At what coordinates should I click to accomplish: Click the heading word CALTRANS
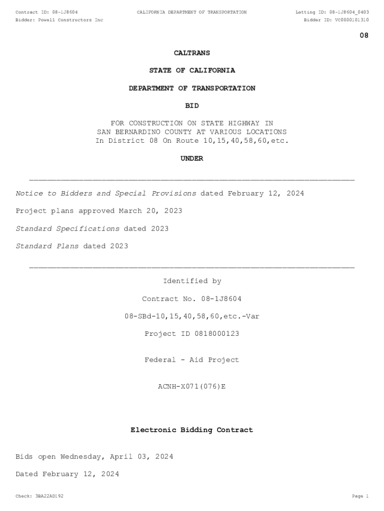pyautogui.click(x=192, y=53)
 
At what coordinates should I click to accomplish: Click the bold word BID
pyautogui.click(x=192, y=106)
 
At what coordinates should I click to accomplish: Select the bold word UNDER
pyautogui.click(x=192, y=159)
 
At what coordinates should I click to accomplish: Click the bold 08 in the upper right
pyautogui.click(x=364, y=35)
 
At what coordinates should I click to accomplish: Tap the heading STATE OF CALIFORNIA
pyautogui.click(x=192, y=70)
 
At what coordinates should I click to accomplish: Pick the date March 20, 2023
pyautogui.click(x=150, y=211)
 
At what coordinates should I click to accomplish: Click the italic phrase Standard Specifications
pyautogui.click(x=68, y=229)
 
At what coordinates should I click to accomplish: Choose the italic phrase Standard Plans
pyautogui.click(x=47, y=246)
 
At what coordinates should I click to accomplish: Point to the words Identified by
pyautogui.click(x=192, y=281)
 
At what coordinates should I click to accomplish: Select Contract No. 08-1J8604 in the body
pyautogui.click(x=192, y=299)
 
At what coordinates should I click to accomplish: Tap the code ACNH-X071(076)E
pyautogui.click(x=192, y=386)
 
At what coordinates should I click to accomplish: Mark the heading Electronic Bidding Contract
pyautogui.click(x=192, y=430)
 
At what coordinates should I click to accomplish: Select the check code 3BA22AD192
pyautogui.click(x=49, y=497)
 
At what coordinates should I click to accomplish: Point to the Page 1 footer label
pyautogui.click(x=360, y=497)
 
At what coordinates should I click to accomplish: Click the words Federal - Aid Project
pyautogui.click(x=192, y=360)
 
